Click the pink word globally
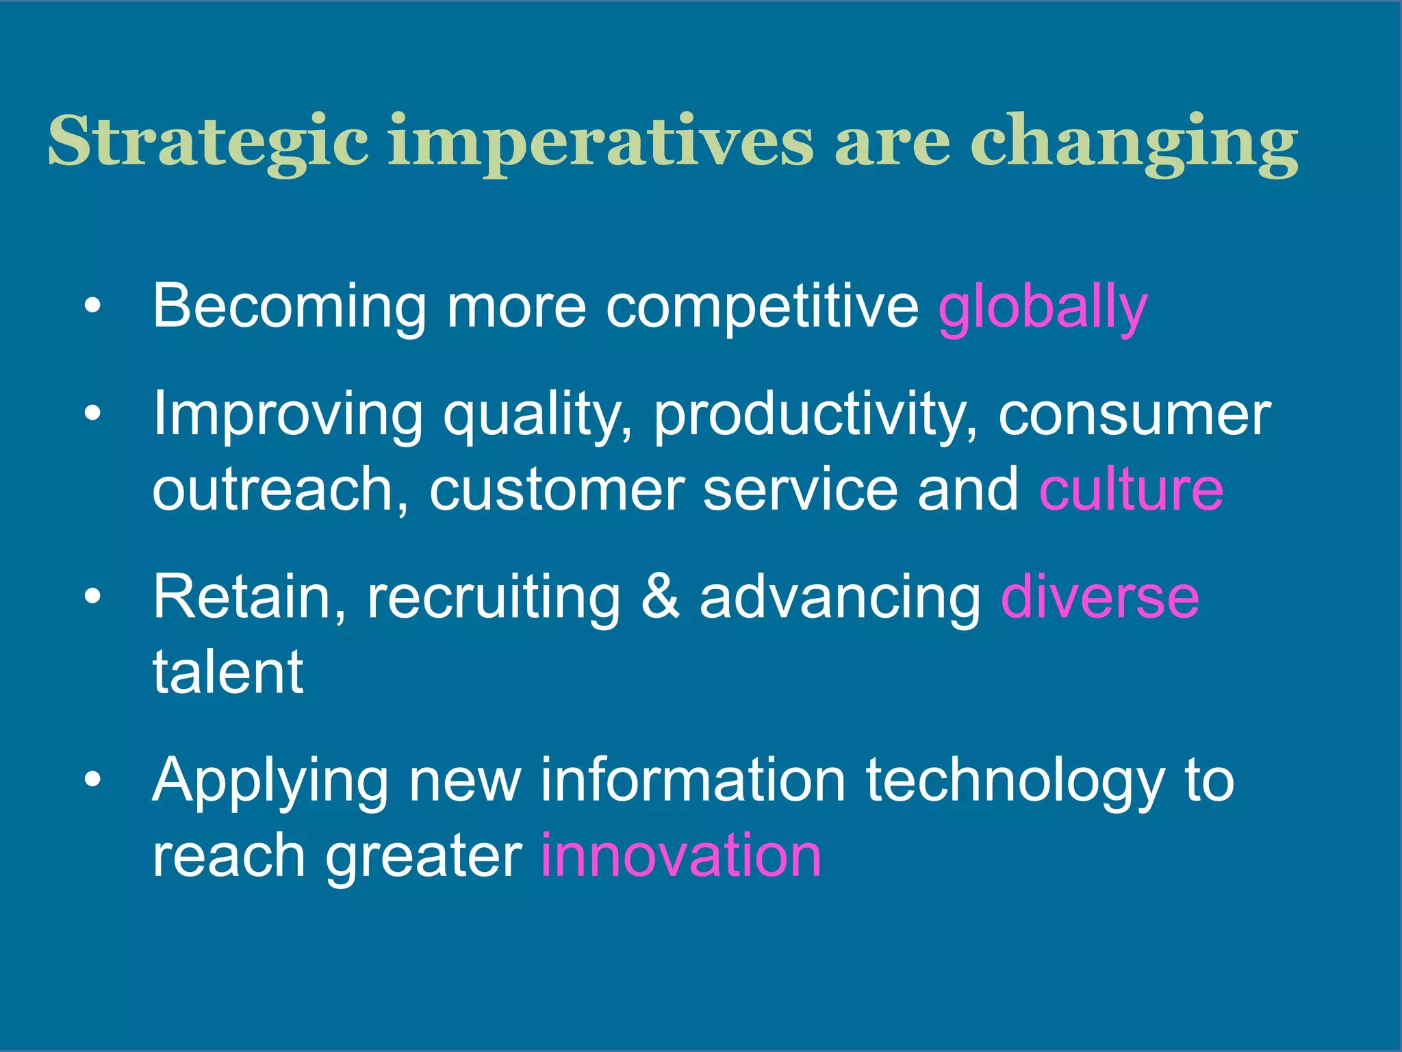[1042, 308]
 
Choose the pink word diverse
[1099, 597]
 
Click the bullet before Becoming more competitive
[92, 306]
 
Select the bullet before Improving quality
[92, 414]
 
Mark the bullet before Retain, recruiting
[92, 597]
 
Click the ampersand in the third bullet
[661, 597]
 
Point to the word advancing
[840, 597]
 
